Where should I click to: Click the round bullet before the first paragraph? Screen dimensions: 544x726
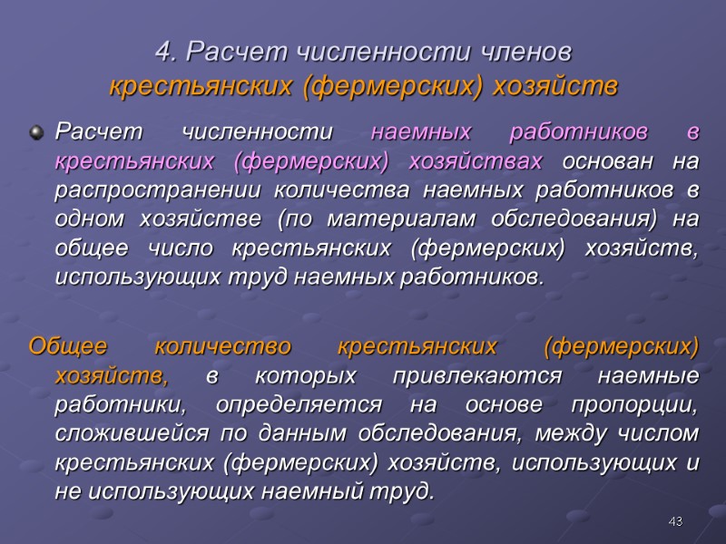pos(36,133)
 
